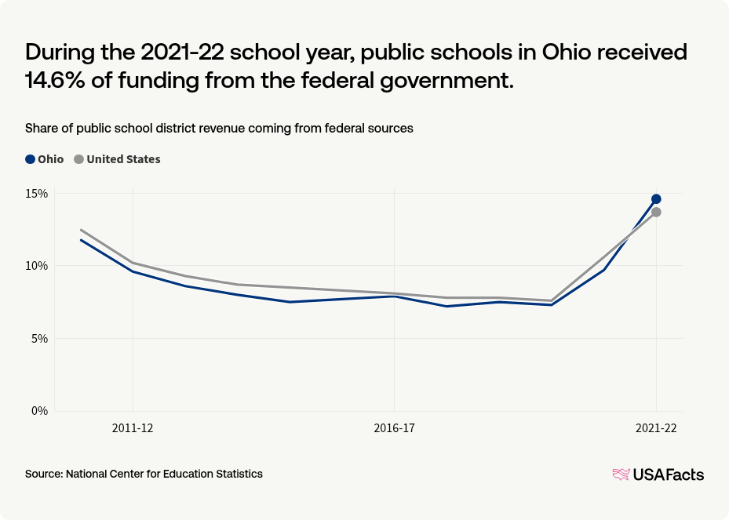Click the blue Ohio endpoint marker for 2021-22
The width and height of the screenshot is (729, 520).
[x=656, y=199]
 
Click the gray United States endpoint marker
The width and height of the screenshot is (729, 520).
[x=656, y=213]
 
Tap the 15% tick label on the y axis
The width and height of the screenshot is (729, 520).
[x=38, y=194]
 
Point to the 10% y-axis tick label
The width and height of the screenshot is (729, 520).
[x=38, y=266]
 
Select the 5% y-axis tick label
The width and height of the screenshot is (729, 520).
[x=40, y=339]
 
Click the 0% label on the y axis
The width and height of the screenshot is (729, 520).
[x=40, y=411]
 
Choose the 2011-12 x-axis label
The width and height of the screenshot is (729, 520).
[x=133, y=428]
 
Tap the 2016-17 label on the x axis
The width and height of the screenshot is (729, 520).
[x=394, y=428]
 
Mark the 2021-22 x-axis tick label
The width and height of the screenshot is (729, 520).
[x=656, y=428]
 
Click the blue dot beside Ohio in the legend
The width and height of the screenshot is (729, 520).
[x=31, y=159]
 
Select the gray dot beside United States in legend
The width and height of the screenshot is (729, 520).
[x=78, y=159]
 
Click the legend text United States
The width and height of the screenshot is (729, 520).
[x=123, y=159]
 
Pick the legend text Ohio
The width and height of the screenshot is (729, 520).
[x=51, y=159]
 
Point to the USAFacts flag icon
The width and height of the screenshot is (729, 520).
[x=621, y=475]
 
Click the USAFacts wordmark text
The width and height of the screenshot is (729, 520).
[x=669, y=475]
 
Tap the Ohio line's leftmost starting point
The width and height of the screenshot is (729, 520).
[x=81, y=240]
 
